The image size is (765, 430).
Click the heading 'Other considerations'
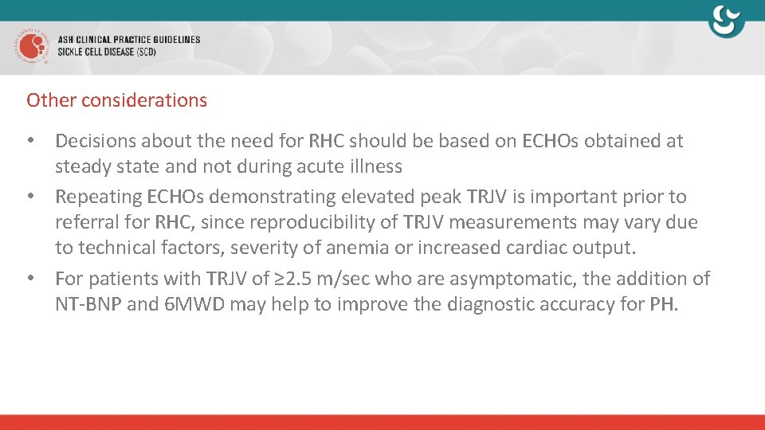[116, 100]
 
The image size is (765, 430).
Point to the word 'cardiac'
[536, 248]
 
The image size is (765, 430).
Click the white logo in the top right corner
[727, 21]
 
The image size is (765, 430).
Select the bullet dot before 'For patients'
[31, 279]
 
